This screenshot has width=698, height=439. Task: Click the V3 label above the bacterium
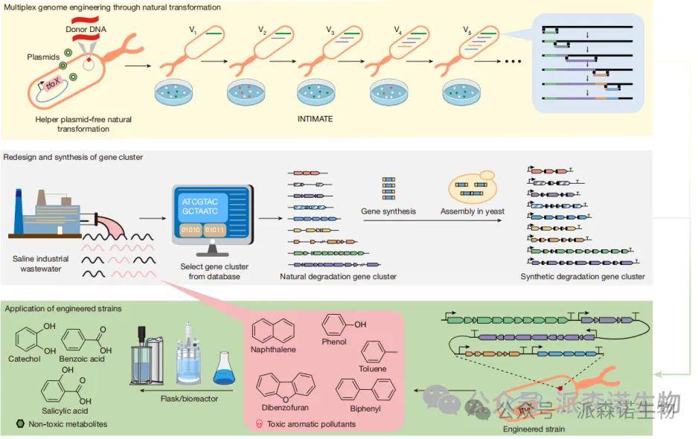coord(330,31)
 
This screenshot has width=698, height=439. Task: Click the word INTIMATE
coord(315,119)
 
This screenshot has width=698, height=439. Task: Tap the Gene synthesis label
coord(388,211)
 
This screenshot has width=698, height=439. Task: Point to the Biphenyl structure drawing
coord(365,388)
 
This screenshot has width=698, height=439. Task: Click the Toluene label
coord(373,369)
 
